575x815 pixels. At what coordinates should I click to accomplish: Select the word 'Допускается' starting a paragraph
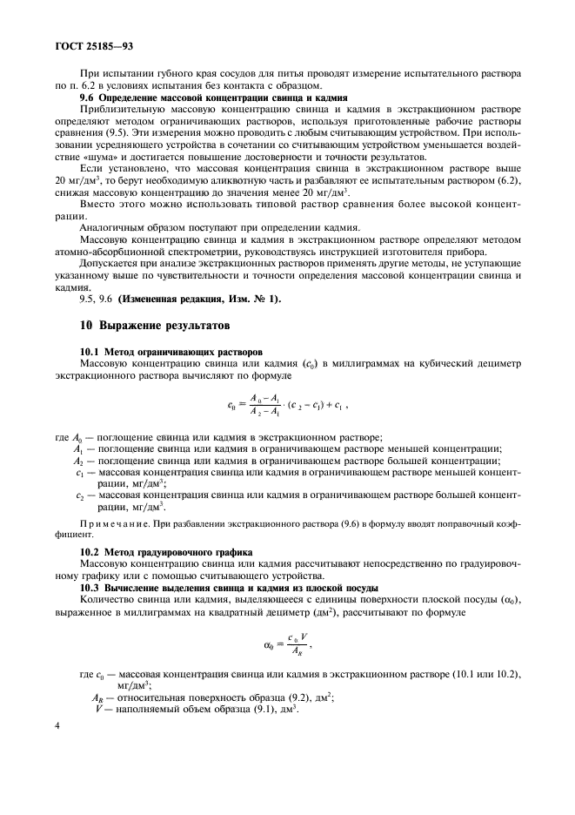pyautogui.click(x=109, y=261)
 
